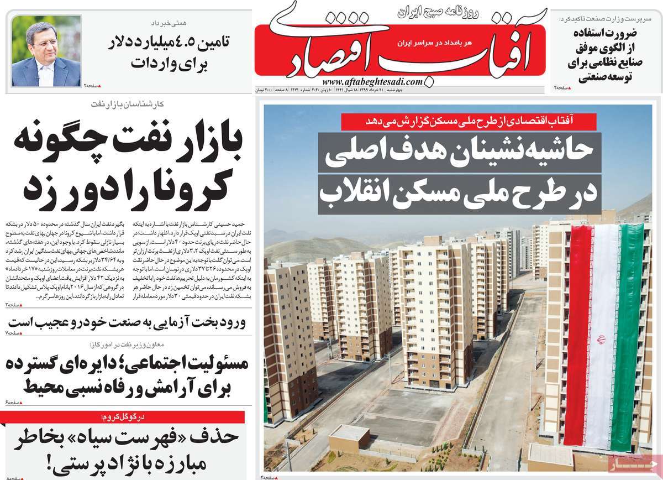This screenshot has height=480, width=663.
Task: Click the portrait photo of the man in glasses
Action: (x=46, y=50)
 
